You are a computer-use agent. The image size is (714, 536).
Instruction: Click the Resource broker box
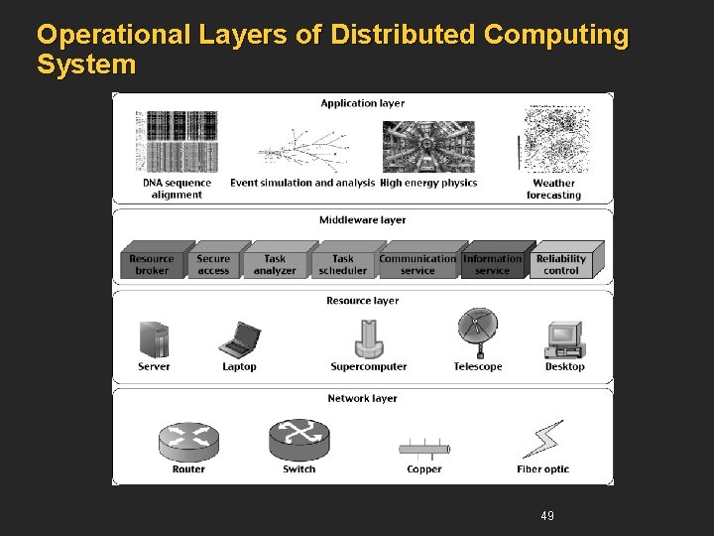point(151,262)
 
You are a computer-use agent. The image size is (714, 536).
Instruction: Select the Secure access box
point(213,262)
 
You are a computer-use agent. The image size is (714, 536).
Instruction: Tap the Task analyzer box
point(275,262)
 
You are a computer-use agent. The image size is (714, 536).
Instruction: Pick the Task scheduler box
point(343,262)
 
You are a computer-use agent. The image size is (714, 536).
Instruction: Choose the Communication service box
point(417,262)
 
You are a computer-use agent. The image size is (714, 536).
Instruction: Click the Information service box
point(492,262)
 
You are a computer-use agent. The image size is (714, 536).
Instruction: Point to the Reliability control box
point(561,262)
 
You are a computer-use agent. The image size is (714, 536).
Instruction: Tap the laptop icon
point(239,339)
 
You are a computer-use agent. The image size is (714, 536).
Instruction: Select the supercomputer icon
point(369,338)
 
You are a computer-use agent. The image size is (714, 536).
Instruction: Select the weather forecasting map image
point(554,138)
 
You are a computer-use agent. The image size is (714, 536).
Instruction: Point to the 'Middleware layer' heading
point(363,220)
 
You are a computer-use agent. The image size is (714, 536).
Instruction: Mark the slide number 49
point(547,515)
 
